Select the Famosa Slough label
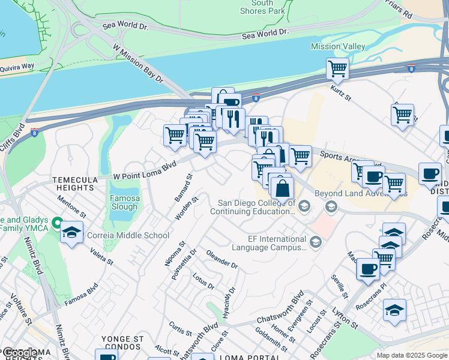tap(124, 203)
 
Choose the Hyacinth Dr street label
tap(229, 302)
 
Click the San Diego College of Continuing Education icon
tap(304, 207)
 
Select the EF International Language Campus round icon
tap(316, 242)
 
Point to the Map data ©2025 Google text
tap(411, 355)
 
